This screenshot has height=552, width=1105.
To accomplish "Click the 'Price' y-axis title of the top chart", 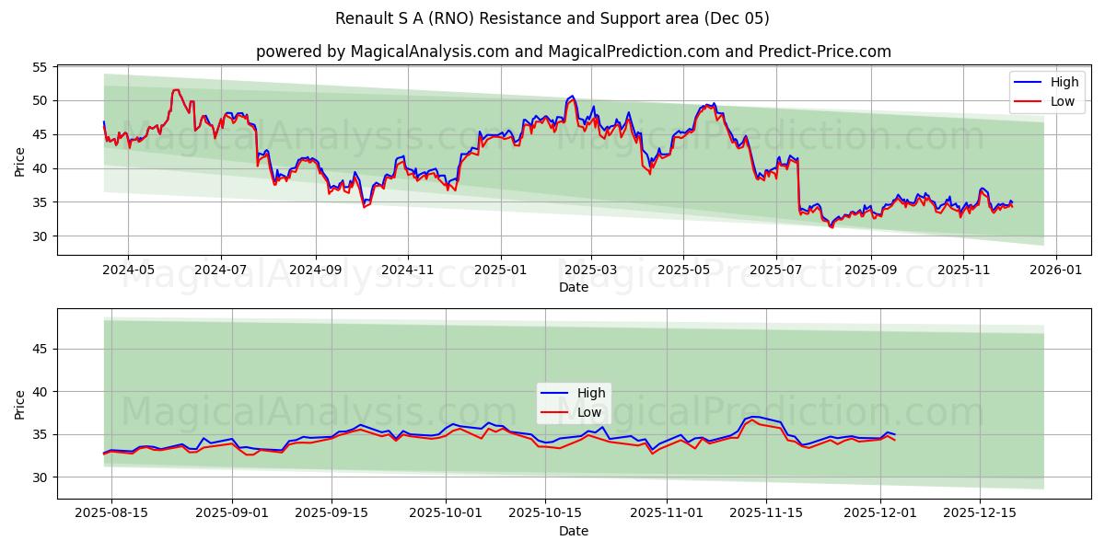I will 19,162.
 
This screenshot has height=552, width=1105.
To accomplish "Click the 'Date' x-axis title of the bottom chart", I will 573,532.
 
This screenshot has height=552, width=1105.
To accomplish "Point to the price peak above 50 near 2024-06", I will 175,90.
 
